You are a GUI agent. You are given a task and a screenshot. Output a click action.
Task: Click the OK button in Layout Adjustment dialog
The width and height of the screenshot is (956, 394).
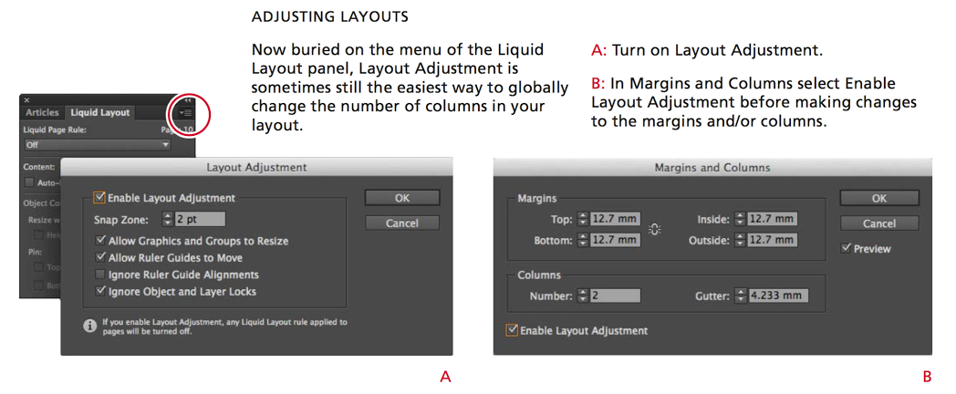click(x=401, y=198)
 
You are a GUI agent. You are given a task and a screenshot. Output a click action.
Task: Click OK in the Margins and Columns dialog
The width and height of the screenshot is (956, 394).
click(x=878, y=198)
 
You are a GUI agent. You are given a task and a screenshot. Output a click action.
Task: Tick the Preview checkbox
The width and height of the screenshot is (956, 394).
click(x=847, y=248)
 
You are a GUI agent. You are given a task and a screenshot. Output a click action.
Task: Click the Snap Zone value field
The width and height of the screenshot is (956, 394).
click(x=200, y=219)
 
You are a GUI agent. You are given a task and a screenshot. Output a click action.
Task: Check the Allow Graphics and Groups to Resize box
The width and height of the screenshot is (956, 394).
click(x=100, y=241)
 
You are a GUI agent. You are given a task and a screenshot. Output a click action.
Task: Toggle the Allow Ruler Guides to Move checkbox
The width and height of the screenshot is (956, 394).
click(x=100, y=258)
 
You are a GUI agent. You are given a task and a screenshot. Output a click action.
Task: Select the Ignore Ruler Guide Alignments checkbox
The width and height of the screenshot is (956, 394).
click(x=100, y=275)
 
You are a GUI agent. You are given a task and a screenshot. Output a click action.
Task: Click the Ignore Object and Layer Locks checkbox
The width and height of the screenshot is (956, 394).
click(x=100, y=292)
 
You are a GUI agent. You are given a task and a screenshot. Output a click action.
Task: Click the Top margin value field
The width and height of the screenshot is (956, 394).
click(x=616, y=219)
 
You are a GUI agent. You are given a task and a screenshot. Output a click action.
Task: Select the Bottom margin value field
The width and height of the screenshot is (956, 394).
click(x=616, y=241)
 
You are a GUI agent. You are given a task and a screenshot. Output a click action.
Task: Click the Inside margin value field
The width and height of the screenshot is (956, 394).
click(x=772, y=219)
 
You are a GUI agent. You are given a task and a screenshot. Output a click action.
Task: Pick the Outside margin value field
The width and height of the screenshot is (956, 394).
click(x=772, y=241)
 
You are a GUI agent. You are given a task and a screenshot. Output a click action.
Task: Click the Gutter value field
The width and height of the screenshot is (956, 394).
click(x=778, y=296)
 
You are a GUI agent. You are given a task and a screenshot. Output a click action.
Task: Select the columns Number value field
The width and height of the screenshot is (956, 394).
click(x=615, y=296)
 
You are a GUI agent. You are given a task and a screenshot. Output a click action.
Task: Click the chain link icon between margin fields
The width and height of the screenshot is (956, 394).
click(x=654, y=230)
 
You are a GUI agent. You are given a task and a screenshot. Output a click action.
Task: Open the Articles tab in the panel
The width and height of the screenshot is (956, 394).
click(x=42, y=112)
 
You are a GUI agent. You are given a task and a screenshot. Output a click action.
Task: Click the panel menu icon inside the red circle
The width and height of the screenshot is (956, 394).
click(x=187, y=112)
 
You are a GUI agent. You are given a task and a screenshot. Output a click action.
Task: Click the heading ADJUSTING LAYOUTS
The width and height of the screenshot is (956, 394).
click(x=329, y=17)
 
